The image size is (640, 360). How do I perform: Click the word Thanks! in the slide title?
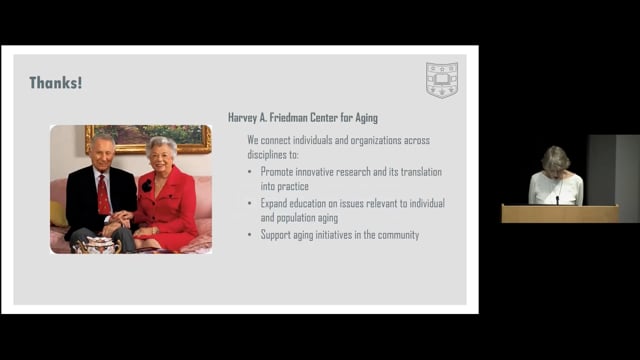(55, 83)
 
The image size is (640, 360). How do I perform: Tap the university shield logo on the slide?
(441, 80)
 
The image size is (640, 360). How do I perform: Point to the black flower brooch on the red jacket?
(147, 186)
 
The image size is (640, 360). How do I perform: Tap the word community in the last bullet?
(395, 235)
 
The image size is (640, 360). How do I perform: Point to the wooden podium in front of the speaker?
(559, 213)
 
